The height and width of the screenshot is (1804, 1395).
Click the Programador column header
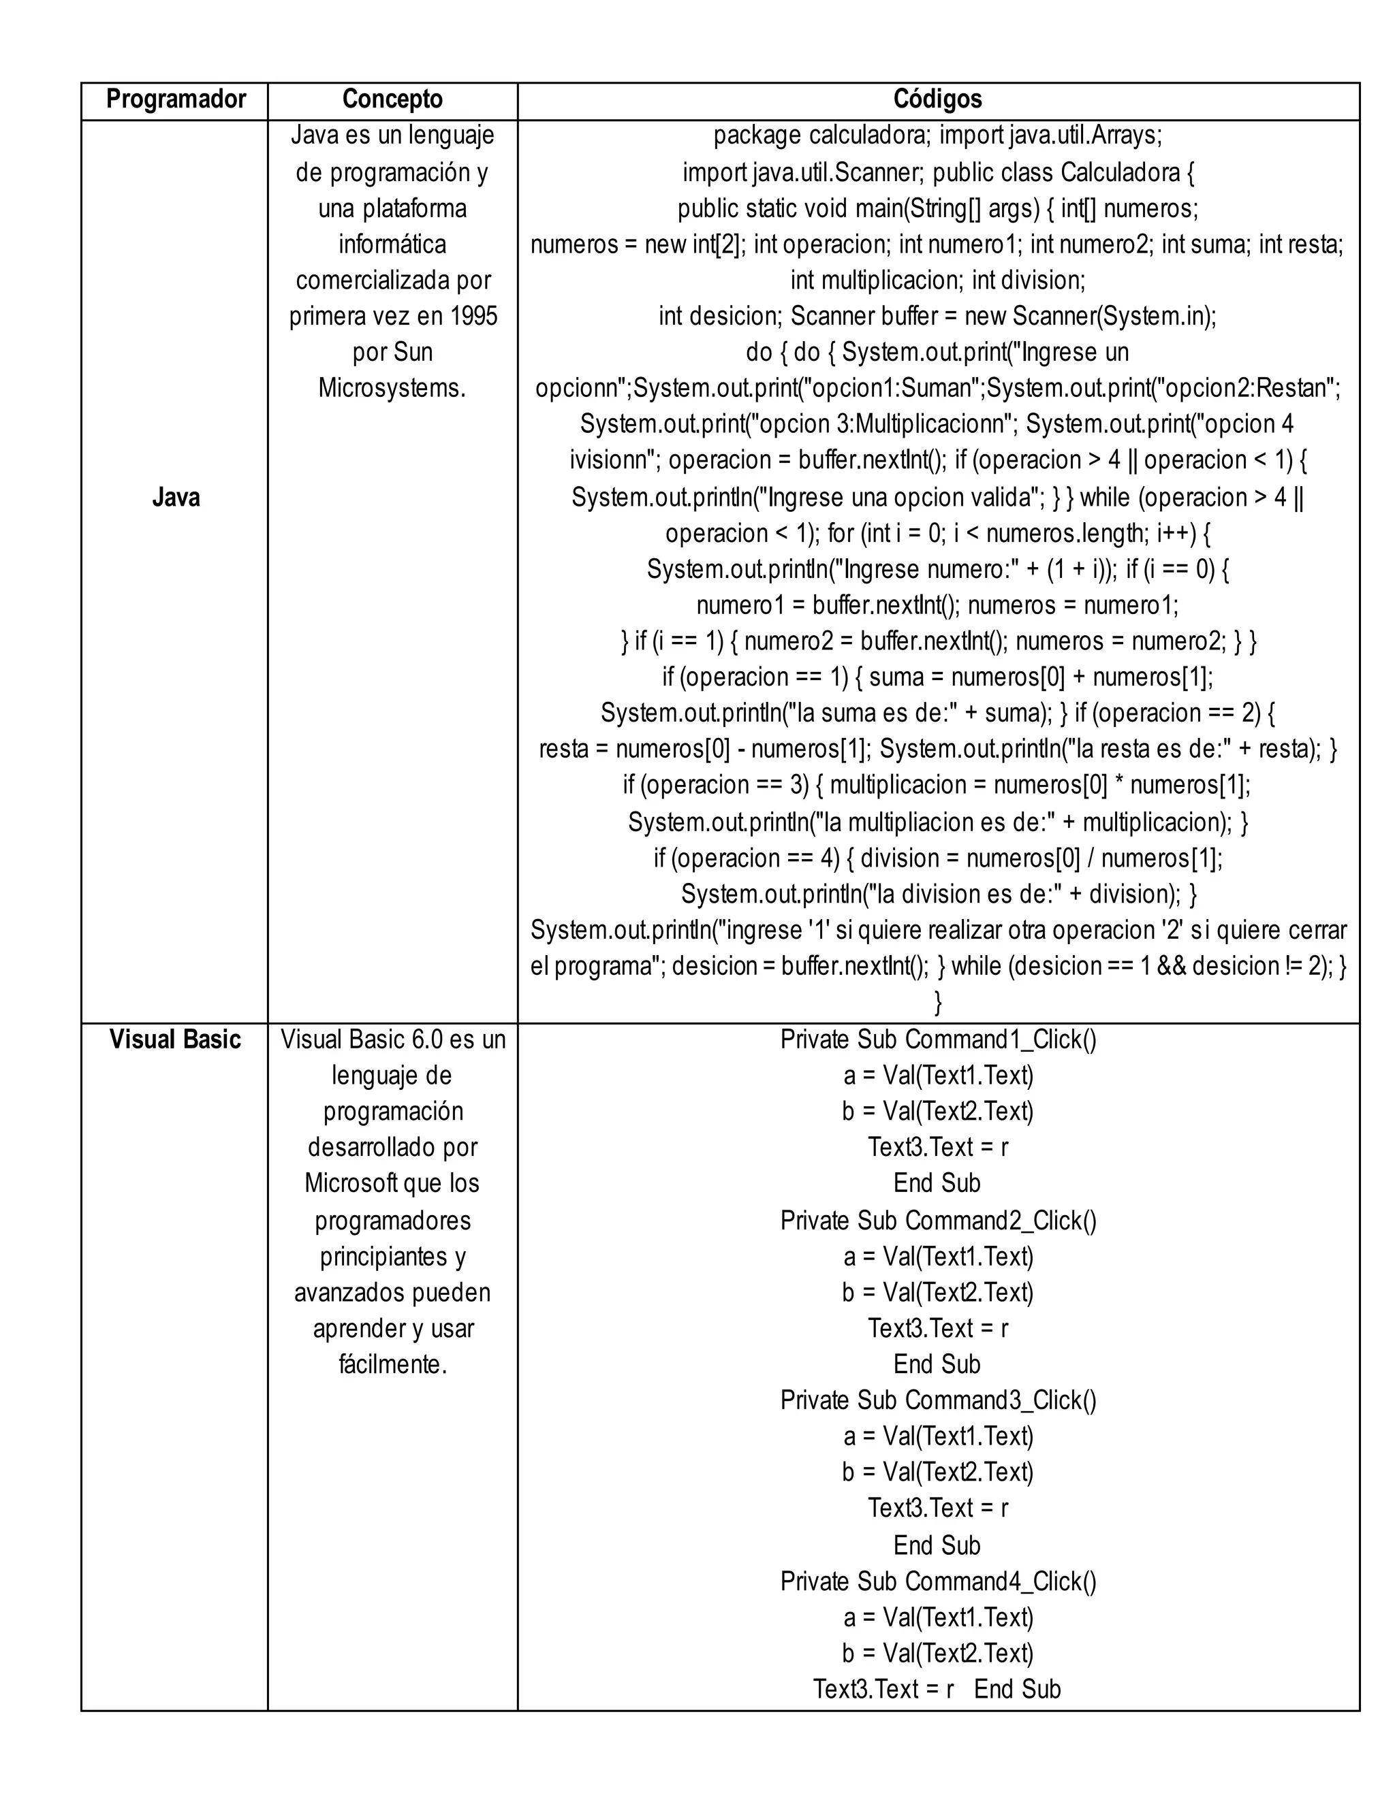(175, 100)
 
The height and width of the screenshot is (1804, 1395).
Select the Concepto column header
(392, 100)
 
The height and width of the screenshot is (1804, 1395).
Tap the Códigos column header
(937, 100)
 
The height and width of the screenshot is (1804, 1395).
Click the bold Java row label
(175, 497)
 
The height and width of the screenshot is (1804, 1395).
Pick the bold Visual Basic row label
(175, 1039)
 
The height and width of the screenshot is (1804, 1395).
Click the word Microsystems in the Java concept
(392, 388)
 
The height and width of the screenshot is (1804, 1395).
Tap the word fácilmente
(392, 1364)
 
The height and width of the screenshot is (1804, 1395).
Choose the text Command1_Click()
(1001, 1039)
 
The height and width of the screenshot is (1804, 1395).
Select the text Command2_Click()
(1001, 1220)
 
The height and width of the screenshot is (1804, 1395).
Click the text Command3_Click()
(1001, 1400)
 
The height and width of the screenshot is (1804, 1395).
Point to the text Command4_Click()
(1001, 1581)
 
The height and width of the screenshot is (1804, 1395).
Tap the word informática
(392, 244)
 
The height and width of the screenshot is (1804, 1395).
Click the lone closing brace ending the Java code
(937, 1003)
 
